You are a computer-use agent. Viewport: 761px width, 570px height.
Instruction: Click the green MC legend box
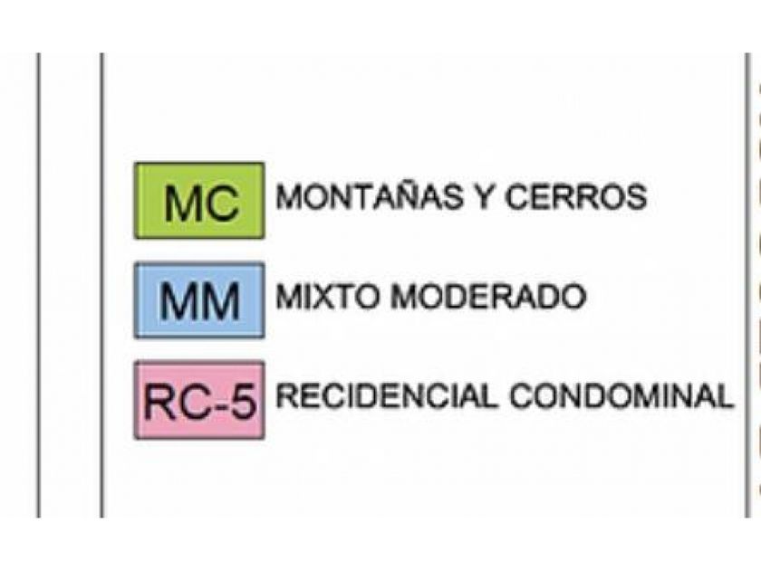click(x=199, y=201)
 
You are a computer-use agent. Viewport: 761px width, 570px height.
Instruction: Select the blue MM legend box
click(x=199, y=300)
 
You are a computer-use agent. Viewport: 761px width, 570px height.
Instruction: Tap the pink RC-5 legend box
click(x=199, y=400)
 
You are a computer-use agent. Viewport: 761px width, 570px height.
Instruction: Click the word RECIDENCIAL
click(x=386, y=396)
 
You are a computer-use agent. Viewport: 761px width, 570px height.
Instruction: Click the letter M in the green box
click(x=181, y=204)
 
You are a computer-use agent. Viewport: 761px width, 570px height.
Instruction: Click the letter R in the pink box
click(x=158, y=403)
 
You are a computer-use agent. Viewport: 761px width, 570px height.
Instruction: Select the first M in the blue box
click(x=178, y=302)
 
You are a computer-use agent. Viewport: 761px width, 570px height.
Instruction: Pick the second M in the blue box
click(x=222, y=302)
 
